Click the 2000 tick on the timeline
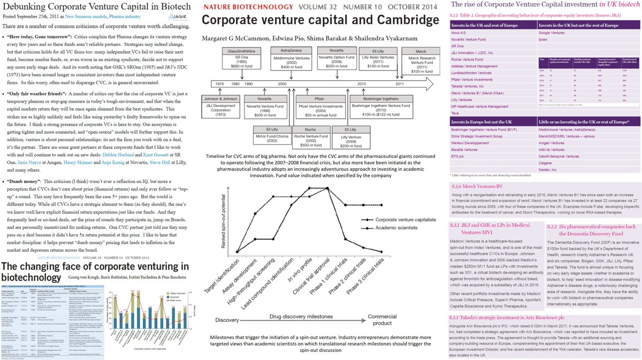281,84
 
